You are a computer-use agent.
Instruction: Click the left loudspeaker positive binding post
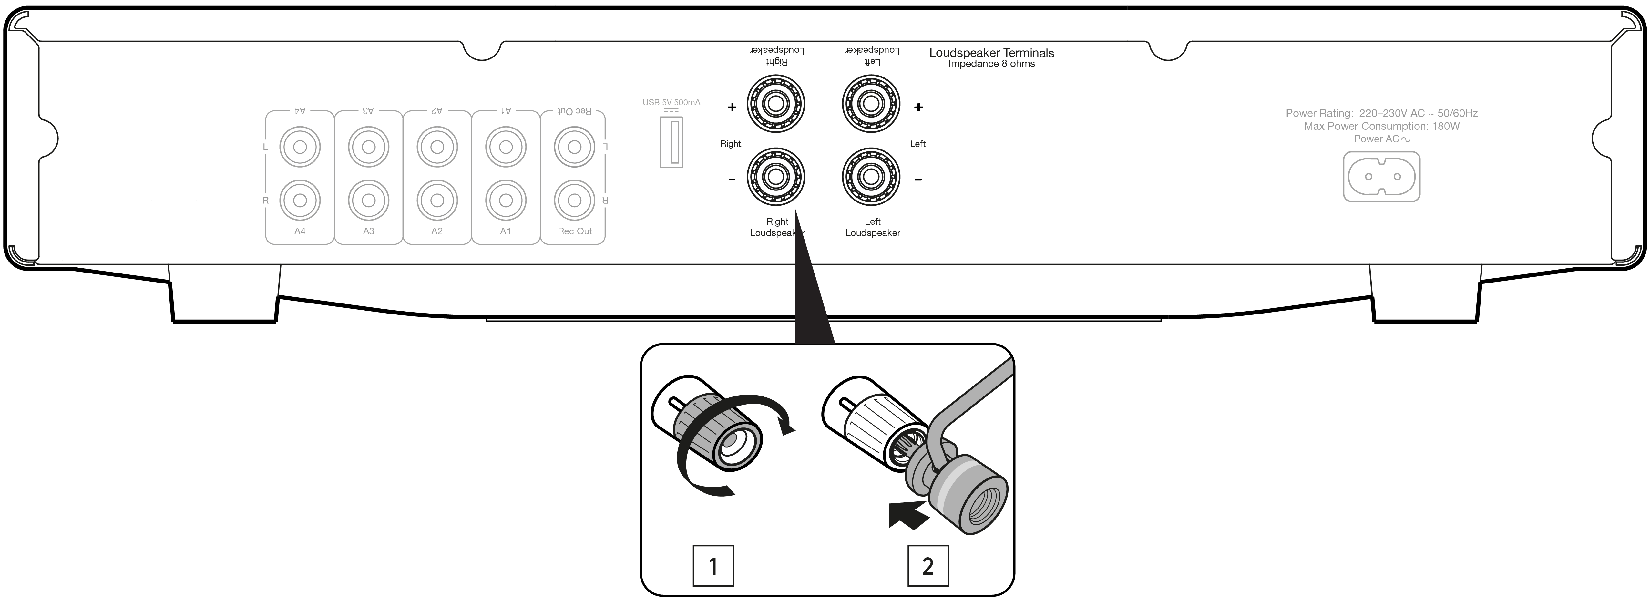pyautogui.click(x=871, y=103)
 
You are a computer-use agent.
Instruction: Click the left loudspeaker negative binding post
pyautogui.click(x=871, y=177)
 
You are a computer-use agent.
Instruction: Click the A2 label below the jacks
pyautogui.click(x=437, y=231)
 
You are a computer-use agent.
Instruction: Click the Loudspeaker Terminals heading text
pyautogui.click(x=991, y=53)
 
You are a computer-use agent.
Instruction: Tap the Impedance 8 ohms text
pyautogui.click(x=991, y=64)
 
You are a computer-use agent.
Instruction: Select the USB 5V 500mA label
pyautogui.click(x=671, y=102)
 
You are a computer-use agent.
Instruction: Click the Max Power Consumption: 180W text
pyautogui.click(x=1382, y=126)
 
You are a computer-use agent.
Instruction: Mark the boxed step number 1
pyautogui.click(x=713, y=566)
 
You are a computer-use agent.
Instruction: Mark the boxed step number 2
pyautogui.click(x=927, y=566)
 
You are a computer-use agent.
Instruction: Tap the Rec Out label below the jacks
pyautogui.click(x=575, y=231)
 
